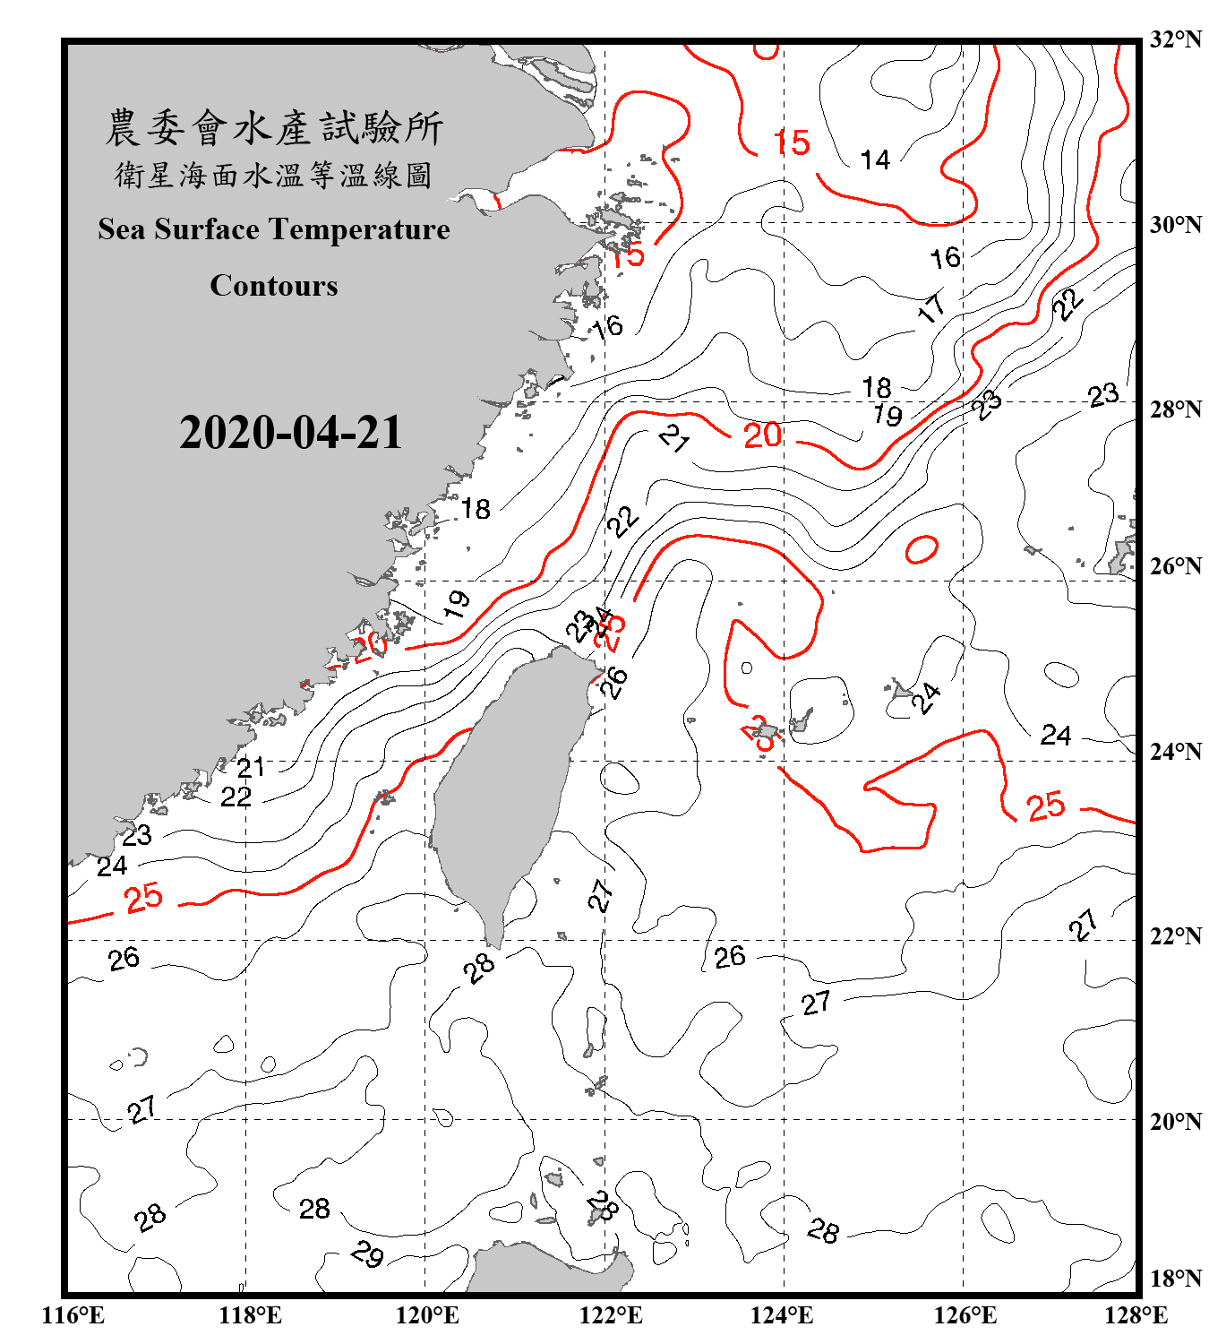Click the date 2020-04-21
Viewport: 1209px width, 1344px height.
[291, 432]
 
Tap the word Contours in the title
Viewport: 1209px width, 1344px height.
[274, 285]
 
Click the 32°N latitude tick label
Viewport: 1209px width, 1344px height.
[1175, 39]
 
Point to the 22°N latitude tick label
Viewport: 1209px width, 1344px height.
[1175, 936]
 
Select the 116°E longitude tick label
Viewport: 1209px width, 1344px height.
[73, 1315]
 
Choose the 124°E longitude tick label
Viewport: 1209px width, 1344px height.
[782, 1315]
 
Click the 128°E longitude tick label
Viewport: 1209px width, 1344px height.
[1136, 1315]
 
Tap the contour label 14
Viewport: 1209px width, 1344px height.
[875, 160]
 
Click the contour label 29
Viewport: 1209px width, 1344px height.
[367, 1254]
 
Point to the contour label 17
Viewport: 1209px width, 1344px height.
[931, 307]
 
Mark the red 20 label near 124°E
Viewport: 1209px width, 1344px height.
[762, 435]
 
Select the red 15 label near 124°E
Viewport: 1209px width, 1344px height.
[792, 142]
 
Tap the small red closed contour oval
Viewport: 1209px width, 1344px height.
[922, 548]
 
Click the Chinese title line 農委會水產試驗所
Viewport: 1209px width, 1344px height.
[274, 127]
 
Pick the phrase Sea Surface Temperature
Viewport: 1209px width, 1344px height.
[274, 229]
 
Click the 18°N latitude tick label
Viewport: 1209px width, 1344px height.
[1175, 1279]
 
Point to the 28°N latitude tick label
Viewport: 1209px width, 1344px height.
[1175, 409]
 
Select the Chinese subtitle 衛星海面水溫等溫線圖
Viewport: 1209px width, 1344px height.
[274, 175]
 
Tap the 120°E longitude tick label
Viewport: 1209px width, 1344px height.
[427, 1315]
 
